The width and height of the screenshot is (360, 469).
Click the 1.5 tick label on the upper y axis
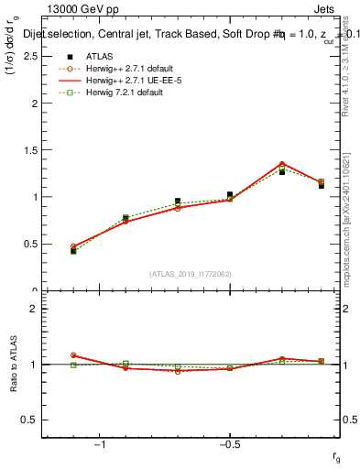(x=29, y=150)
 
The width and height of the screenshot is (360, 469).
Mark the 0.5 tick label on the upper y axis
(x=29, y=245)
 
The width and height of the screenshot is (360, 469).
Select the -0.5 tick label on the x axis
(x=228, y=446)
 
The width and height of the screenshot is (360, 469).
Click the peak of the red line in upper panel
(x=282, y=163)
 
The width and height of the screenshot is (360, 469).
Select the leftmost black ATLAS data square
(x=73, y=250)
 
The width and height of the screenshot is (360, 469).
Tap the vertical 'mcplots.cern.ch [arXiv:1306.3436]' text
(x=349, y=220)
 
